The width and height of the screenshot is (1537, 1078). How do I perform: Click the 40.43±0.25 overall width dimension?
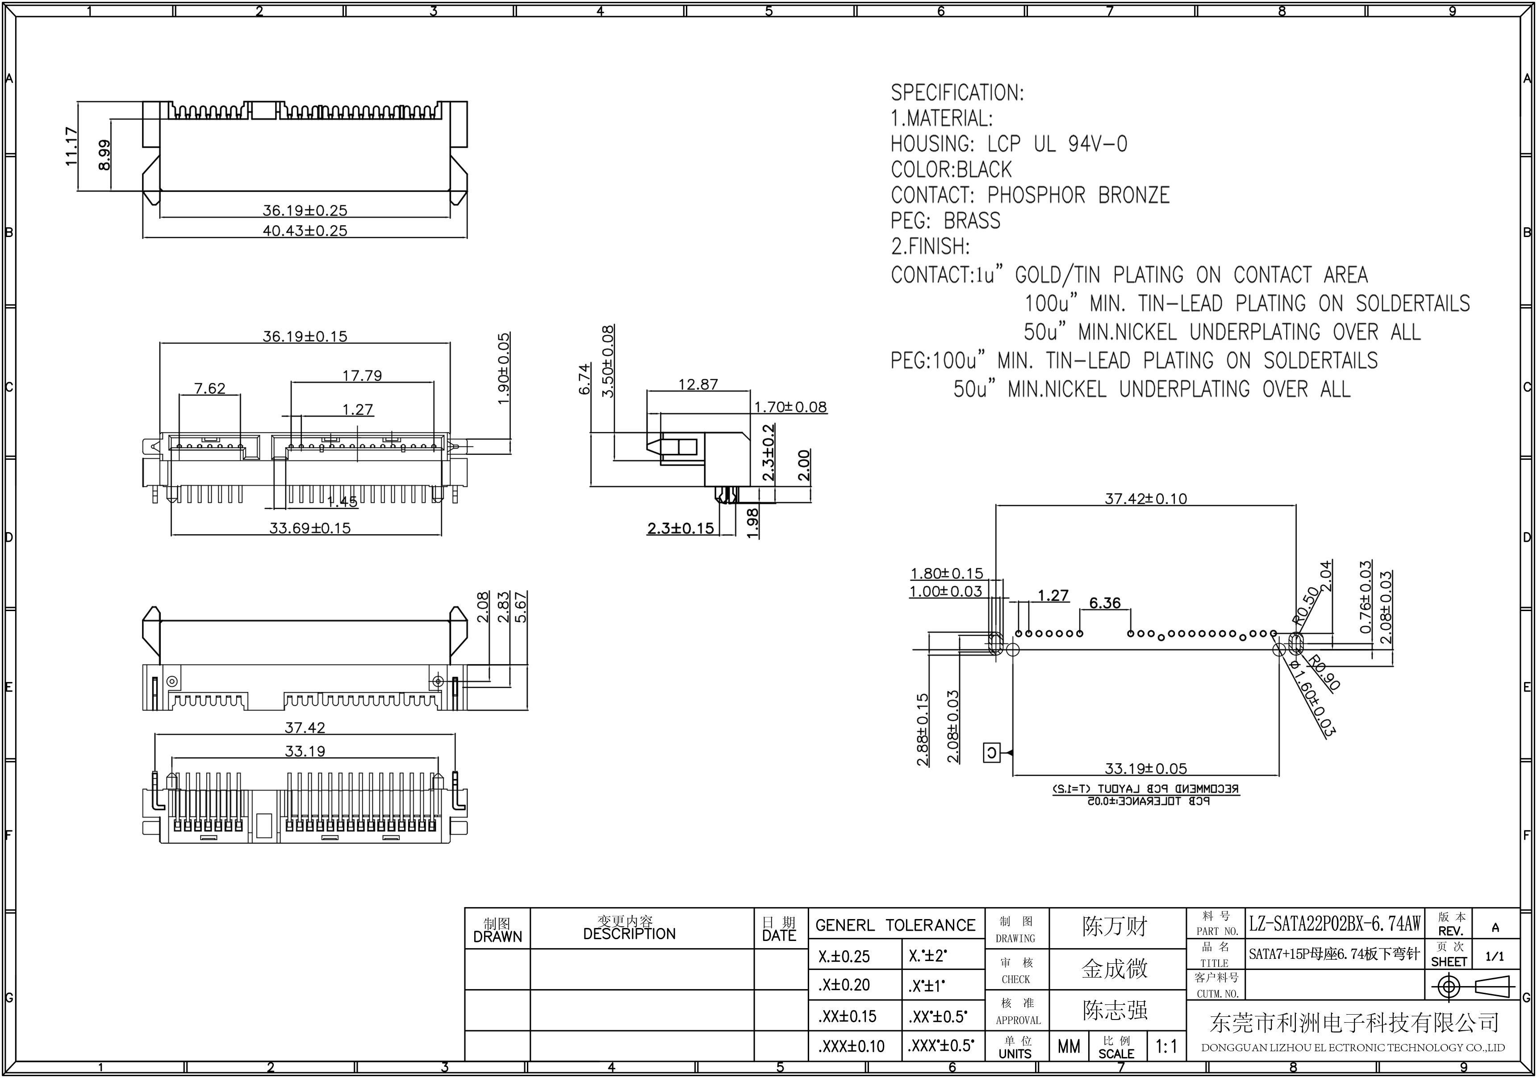point(305,231)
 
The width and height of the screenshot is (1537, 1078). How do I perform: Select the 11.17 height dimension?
point(71,146)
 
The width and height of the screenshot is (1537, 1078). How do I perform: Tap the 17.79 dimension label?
point(362,376)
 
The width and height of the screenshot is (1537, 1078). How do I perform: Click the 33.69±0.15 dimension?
point(310,528)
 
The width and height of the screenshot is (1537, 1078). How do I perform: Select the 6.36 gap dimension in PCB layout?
point(1105,604)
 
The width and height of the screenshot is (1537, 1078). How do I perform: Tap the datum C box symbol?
point(991,753)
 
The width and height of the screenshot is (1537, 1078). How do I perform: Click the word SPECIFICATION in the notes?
point(956,93)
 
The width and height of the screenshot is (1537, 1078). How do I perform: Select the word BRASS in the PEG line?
point(972,221)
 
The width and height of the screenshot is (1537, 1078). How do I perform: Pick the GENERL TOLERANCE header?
point(896,925)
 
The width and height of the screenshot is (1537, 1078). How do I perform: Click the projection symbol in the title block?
point(1473,987)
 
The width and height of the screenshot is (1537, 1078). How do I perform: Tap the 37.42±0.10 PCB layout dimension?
point(1145,499)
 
